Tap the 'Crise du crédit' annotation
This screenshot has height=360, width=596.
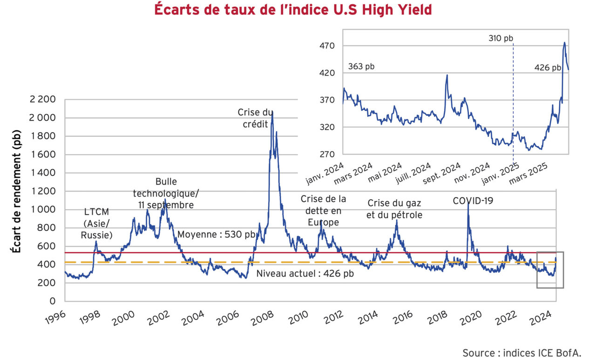(255, 118)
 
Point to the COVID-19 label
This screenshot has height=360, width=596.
(473, 201)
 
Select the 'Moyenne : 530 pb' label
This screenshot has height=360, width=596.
(216, 234)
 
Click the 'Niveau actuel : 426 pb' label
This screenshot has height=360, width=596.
(305, 273)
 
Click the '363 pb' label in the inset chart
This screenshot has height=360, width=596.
(361, 66)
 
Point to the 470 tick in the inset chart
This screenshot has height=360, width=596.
(328, 46)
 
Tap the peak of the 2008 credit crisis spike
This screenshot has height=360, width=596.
(272, 112)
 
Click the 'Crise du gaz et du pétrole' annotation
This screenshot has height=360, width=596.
(395, 209)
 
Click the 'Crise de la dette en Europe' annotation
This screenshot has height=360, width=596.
(323, 211)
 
